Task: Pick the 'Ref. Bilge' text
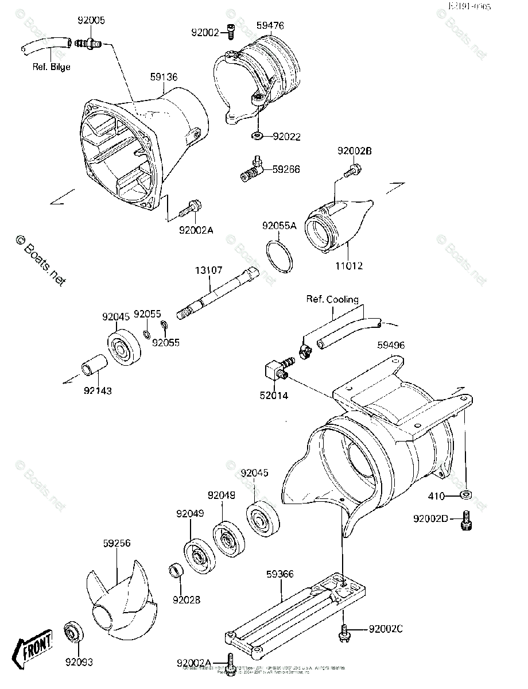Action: pyautogui.click(x=51, y=67)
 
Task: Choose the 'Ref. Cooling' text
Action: pyautogui.click(x=332, y=299)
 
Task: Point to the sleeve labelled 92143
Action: pyautogui.click(x=94, y=366)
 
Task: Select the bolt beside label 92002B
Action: pyautogui.click(x=351, y=170)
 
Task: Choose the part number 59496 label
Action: pyautogui.click(x=391, y=345)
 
